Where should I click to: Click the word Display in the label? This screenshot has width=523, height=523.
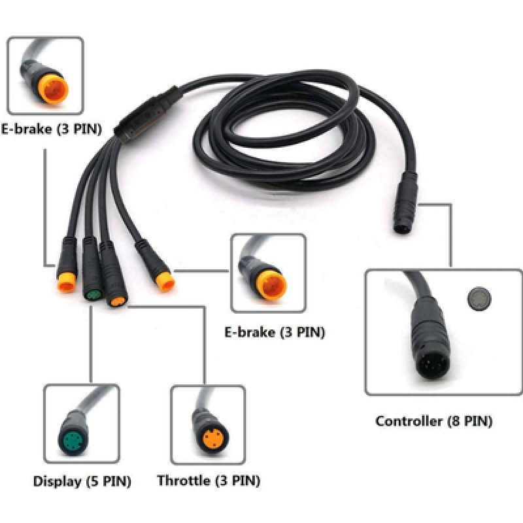(57, 482)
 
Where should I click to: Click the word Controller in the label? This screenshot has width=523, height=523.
(409, 422)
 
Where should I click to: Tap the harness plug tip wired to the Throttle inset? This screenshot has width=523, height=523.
(118, 301)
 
